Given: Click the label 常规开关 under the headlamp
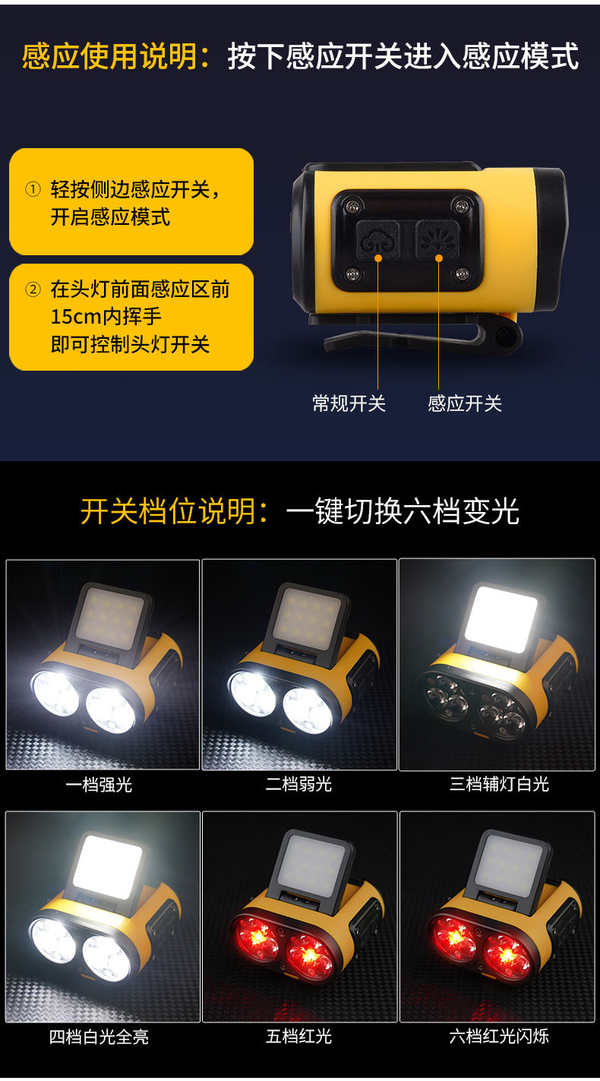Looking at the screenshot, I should pyautogui.click(x=349, y=403).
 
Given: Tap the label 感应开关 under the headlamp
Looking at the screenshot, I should pyautogui.click(x=465, y=403).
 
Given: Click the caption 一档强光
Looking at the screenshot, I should pyautogui.click(x=99, y=784).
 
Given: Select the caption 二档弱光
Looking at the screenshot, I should pyautogui.click(x=299, y=784).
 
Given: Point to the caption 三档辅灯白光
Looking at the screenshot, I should pyautogui.click(x=499, y=784).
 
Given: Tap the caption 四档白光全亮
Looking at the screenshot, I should pyautogui.click(x=99, y=1036).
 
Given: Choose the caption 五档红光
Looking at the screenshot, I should pyautogui.click(x=299, y=1036).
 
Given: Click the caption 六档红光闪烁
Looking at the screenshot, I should pyautogui.click(x=499, y=1036).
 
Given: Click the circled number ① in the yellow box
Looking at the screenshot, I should pyautogui.click(x=33, y=189).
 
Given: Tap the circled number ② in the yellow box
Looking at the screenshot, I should pyautogui.click(x=33, y=289).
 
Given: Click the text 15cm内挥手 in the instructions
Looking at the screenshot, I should pyautogui.click(x=106, y=316).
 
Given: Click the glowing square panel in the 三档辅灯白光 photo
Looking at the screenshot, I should pyautogui.click(x=501, y=618).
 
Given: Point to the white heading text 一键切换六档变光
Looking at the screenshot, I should pyautogui.click(x=403, y=511).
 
